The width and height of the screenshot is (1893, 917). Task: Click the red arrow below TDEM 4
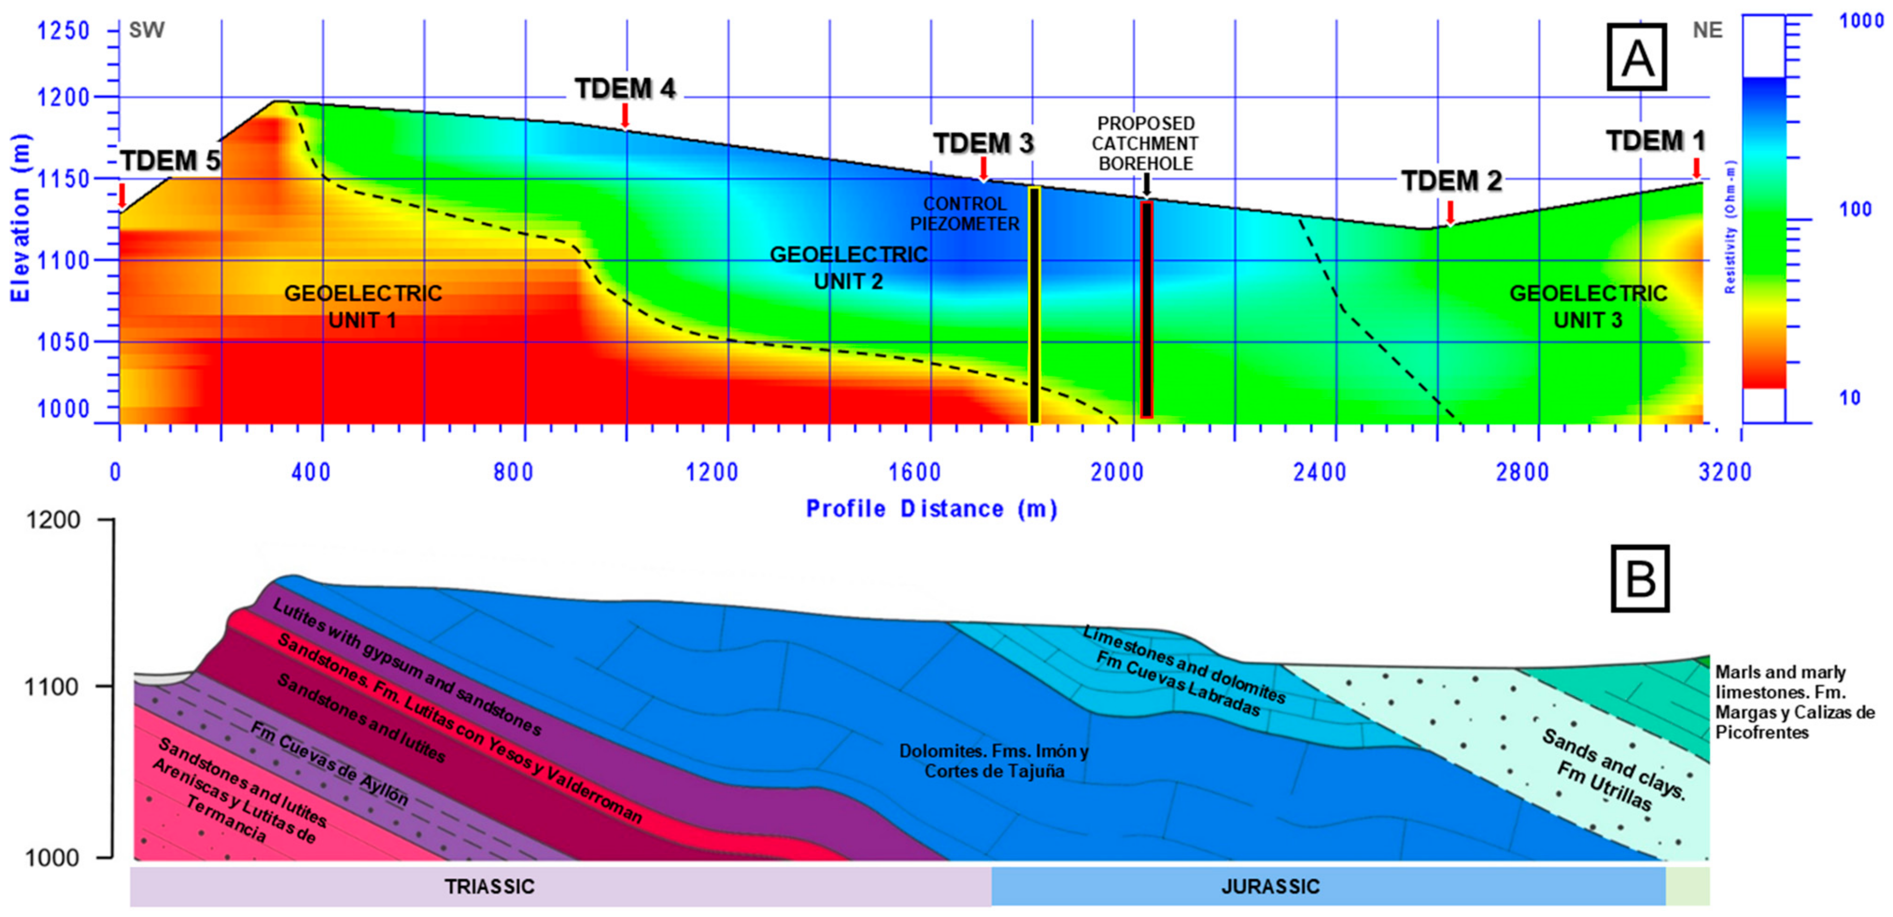(625, 115)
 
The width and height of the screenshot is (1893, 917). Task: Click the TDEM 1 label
(1655, 141)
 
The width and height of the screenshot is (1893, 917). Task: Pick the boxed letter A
(1637, 57)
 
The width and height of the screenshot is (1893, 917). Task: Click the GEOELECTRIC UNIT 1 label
(363, 306)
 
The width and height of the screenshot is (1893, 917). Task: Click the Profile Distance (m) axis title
(931, 508)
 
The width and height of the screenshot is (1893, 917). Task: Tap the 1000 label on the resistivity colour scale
(1861, 21)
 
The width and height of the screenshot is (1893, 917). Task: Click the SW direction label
(147, 30)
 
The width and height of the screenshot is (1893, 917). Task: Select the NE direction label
(1707, 30)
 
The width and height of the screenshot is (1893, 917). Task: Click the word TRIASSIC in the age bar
(489, 886)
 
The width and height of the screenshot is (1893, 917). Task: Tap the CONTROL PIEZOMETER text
(965, 214)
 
